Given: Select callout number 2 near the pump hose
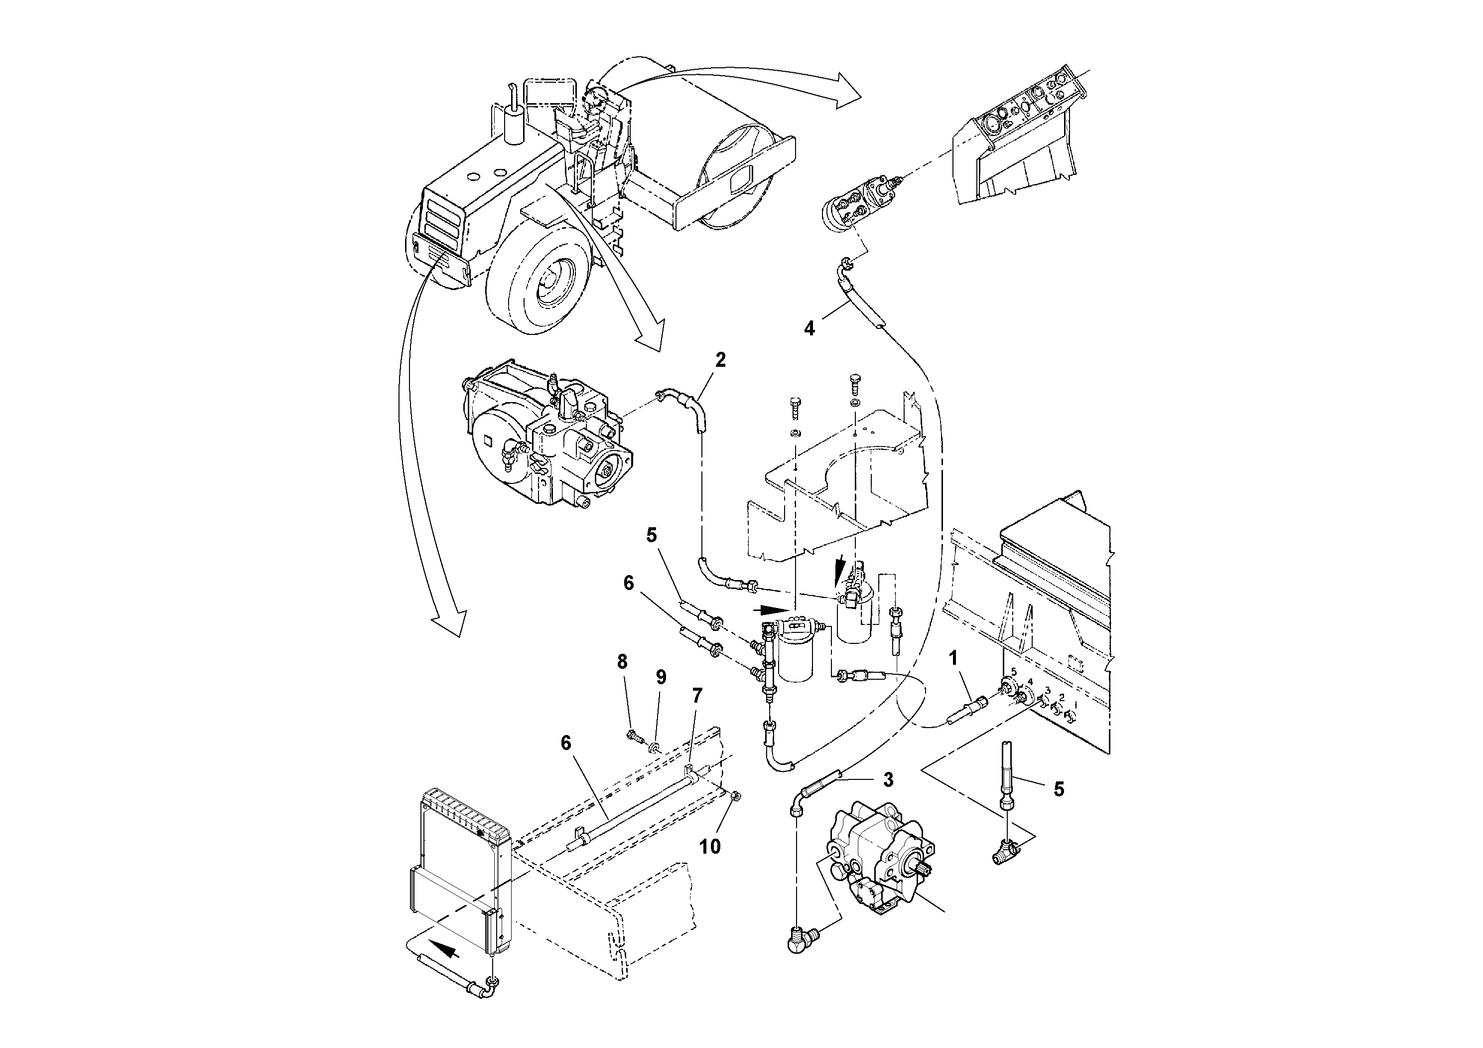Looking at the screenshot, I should [720, 360].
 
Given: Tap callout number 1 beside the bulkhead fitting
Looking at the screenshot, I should [952, 658].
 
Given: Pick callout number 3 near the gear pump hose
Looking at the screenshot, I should [888, 780].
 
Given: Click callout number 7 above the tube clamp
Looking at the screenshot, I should [696, 696].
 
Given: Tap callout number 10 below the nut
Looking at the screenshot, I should [710, 846].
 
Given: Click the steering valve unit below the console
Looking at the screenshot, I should [853, 203].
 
